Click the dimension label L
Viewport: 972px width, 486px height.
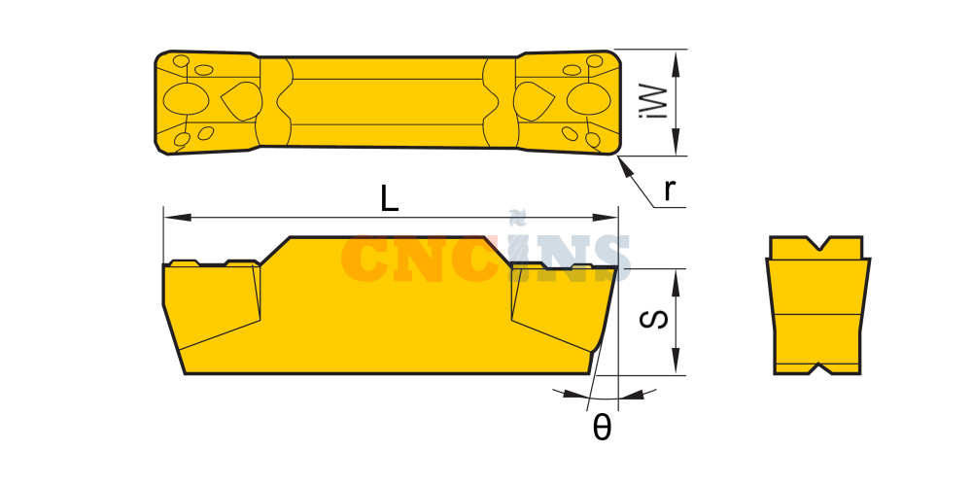pyautogui.click(x=390, y=199)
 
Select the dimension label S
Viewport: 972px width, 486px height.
pyautogui.click(x=654, y=319)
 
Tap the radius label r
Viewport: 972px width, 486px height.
pyautogui.click(x=669, y=191)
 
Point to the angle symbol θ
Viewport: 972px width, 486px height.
pyautogui.click(x=602, y=427)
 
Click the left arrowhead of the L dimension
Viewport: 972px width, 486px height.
pyautogui.click(x=177, y=218)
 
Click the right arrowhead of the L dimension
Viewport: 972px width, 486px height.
pyautogui.click(x=605, y=218)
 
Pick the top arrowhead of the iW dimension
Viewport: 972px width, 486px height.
pyautogui.click(x=677, y=63)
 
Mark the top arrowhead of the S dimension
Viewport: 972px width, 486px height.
pyautogui.click(x=677, y=283)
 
